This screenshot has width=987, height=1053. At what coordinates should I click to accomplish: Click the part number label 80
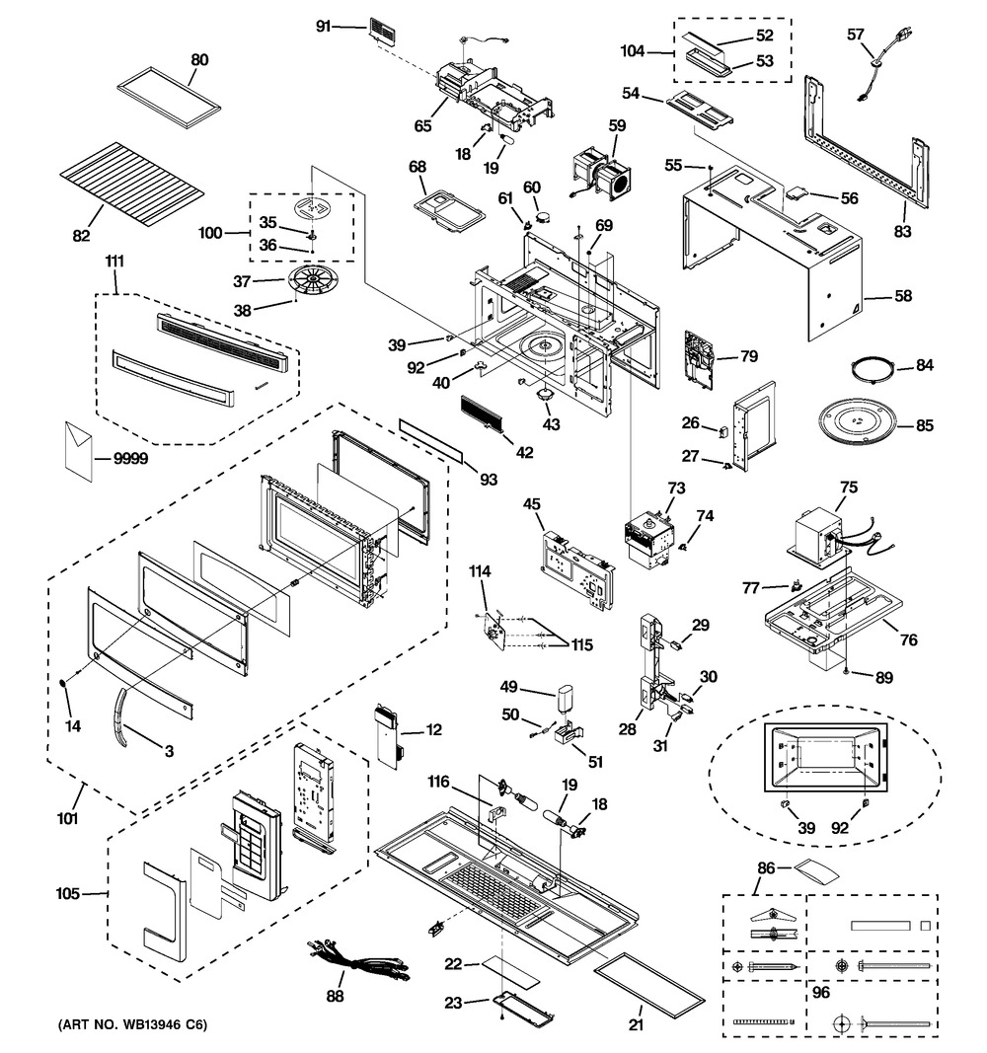pyautogui.click(x=199, y=59)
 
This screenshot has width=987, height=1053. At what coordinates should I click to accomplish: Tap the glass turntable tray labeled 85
pyautogui.click(x=858, y=426)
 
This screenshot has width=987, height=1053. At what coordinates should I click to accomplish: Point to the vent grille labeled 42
pyautogui.click(x=482, y=415)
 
